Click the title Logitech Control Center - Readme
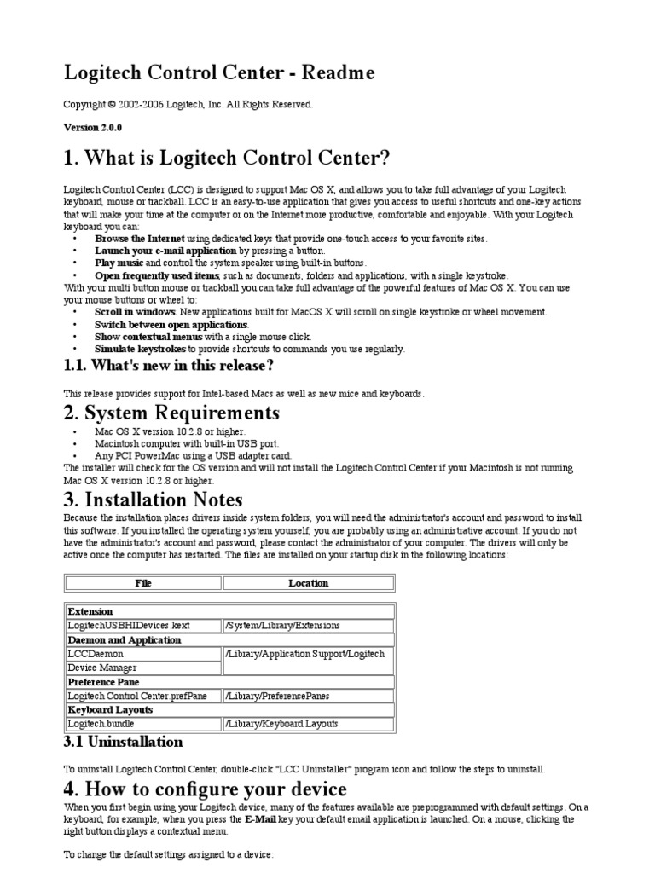coord(219,73)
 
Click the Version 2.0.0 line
coord(93,127)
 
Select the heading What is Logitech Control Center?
coord(227,159)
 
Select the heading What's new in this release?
coord(169,367)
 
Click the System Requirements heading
coord(171,413)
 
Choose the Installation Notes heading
coord(154,500)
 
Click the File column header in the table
coord(143,583)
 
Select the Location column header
coord(308,583)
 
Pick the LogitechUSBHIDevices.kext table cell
coord(128,625)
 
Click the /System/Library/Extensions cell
coord(282,625)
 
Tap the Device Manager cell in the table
coord(101,668)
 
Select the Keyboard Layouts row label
coord(110,709)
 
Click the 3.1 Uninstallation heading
coord(124,742)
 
